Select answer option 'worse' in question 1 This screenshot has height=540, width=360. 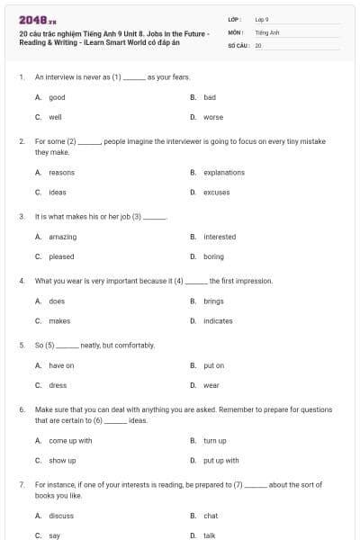213,117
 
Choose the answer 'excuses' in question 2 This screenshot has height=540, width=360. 216,192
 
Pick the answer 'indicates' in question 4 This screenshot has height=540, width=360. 218,320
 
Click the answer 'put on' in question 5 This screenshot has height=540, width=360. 213,365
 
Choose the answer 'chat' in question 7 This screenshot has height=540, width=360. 211,516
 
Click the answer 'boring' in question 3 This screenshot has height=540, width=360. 213,256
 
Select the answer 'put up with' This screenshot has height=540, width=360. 220,460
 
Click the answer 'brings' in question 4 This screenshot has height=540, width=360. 213,301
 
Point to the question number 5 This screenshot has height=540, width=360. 21,345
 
